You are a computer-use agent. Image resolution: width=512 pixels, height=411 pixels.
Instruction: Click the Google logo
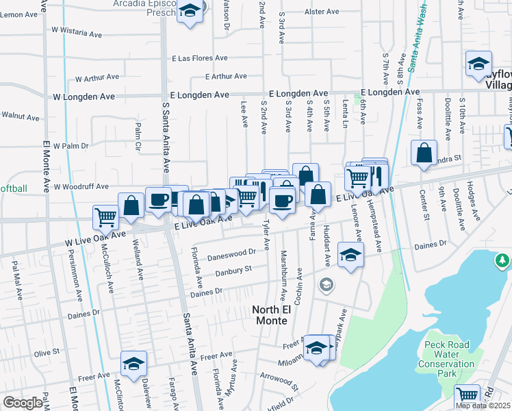pos(23,403)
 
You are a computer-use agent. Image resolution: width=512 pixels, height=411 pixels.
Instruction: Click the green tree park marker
pos(503,260)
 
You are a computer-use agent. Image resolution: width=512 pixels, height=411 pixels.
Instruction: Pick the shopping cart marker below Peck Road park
pos(467,395)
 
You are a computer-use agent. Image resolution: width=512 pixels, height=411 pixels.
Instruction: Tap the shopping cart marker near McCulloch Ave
pos(106,217)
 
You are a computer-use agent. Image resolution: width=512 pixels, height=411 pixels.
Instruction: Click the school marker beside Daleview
pos(134,363)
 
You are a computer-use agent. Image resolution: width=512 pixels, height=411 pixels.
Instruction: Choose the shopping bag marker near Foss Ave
pos(424,152)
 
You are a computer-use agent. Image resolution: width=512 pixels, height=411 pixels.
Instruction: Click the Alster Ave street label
pos(322,12)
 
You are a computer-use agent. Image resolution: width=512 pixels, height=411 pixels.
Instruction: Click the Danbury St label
pos(233,271)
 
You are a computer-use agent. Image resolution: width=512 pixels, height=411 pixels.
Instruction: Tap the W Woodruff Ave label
pos(81,186)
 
